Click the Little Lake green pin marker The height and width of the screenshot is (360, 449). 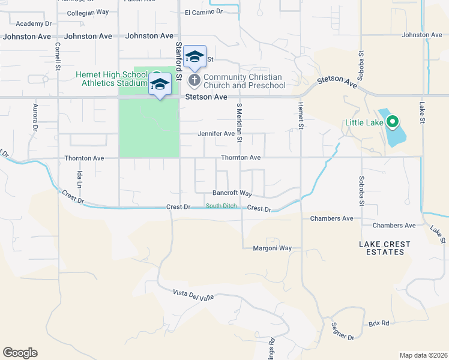(x=393, y=122)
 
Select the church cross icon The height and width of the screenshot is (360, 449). (x=194, y=80)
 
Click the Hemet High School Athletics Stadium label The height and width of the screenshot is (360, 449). (x=112, y=79)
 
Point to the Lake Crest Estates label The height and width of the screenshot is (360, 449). (x=385, y=248)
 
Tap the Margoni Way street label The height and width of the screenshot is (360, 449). (x=272, y=248)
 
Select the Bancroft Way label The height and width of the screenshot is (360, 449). (x=232, y=193)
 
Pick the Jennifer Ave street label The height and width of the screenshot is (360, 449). (x=216, y=134)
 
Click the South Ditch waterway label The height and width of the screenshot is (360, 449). (x=221, y=206)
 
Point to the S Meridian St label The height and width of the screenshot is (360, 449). (x=239, y=122)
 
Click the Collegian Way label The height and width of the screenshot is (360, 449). (x=88, y=12)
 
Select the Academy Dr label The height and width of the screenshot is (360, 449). (x=34, y=23)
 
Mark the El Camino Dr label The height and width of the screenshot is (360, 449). (x=203, y=11)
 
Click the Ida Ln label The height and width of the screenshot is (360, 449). (x=79, y=178)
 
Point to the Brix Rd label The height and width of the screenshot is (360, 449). (x=379, y=323)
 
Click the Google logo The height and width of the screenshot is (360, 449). (x=20, y=353)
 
